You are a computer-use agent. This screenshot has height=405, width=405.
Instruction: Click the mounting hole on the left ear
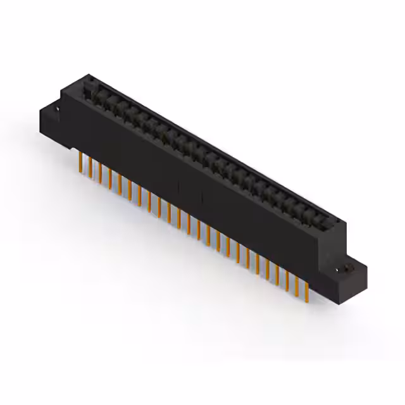click(x=56, y=110)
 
